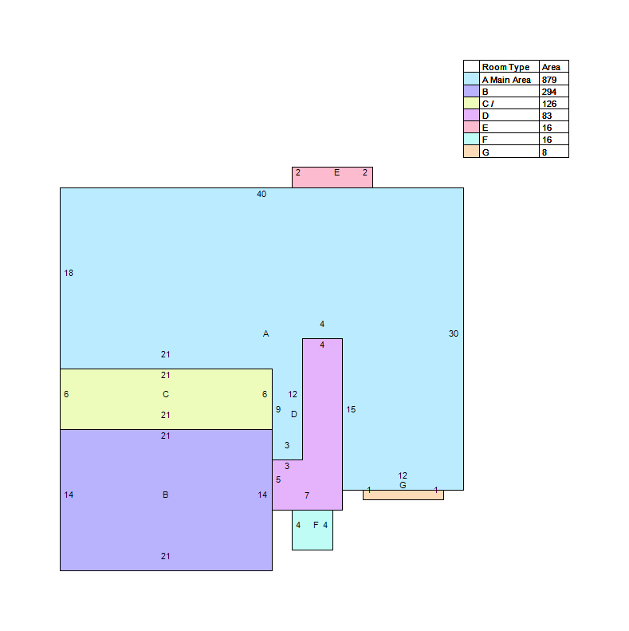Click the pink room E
pos(332,177)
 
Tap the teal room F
pos(313,530)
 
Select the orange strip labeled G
pos(403,495)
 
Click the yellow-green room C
pos(166,399)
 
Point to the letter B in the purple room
pos(165,495)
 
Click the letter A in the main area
pos(265,333)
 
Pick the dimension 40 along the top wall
pos(261,194)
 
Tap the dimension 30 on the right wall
pos(454,333)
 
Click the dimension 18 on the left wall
pos(69,274)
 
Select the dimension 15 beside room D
pos(351,410)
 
